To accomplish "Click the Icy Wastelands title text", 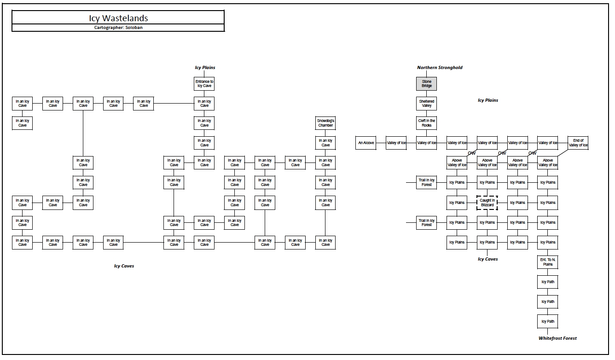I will coord(118,18).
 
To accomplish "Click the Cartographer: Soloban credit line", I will coord(118,28).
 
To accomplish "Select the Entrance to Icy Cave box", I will coord(204,84).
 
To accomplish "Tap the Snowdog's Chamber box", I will coord(325,123).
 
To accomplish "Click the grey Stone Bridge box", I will coord(427,84).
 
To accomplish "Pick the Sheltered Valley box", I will coord(427,103).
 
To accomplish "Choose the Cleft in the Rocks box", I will coord(427,123).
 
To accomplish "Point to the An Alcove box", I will coord(366,143).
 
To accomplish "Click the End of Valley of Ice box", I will coord(578,143).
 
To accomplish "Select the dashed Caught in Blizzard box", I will coord(487,203).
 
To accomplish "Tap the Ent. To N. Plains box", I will coord(548,262).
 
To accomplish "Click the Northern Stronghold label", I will coord(440,68).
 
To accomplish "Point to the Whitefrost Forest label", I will coord(557,338).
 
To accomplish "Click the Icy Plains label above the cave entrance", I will coord(205,68).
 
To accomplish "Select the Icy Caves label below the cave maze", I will coord(124,266).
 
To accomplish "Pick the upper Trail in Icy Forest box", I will coord(427,182).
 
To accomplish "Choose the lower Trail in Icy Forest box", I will coord(427,222).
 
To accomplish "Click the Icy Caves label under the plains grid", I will coord(487,259).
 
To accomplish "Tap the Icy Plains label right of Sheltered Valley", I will coord(487,100).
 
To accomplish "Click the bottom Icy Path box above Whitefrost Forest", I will coord(548,321).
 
